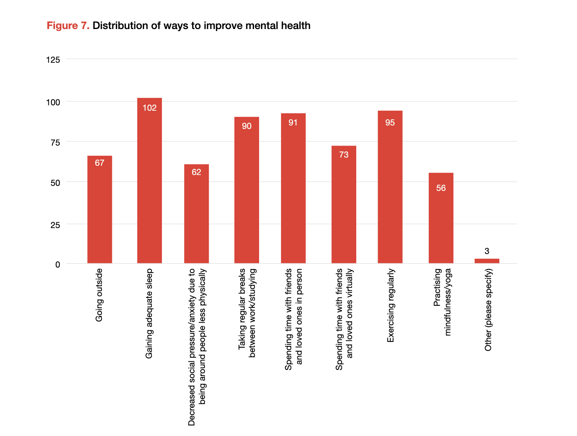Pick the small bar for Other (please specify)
pyautogui.click(x=487, y=261)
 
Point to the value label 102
pyautogui.click(x=149, y=108)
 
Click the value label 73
pyautogui.click(x=343, y=155)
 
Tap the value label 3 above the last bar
pyautogui.click(x=487, y=251)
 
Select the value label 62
pyautogui.click(x=196, y=172)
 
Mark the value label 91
pyautogui.click(x=293, y=123)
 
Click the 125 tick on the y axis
pyautogui.click(x=53, y=60)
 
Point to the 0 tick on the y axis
pyautogui.click(x=58, y=264)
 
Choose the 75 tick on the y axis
pyautogui.click(x=55, y=142)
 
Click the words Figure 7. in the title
pyautogui.click(x=68, y=26)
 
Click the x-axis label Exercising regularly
pyautogui.click(x=390, y=306)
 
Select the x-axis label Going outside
pyautogui.click(x=99, y=295)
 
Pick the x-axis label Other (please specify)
pyautogui.click(x=488, y=310)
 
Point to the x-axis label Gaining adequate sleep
pyautogui.click(x=149, y=314)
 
